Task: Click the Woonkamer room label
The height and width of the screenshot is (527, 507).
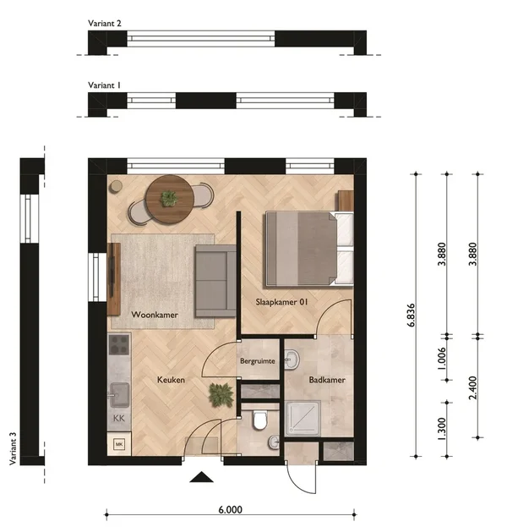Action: coord(155,315)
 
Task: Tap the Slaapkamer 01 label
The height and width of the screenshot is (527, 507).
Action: coord(281,302)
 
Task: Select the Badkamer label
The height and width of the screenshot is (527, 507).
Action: coord(327,380)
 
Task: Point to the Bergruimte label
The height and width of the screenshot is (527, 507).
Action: coord(258,361)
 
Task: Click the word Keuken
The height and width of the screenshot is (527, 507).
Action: coord(171,380)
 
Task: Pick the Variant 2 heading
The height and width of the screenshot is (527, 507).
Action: coord(105,23)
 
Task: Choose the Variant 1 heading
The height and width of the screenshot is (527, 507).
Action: coord(104,85)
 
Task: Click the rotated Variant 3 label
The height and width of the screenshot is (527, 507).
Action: coord(13,448)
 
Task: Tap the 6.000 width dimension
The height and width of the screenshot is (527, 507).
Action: coord(231,509)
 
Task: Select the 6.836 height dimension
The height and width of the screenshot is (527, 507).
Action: coord(411,315)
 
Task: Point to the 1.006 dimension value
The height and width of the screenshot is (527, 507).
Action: coord(442,359)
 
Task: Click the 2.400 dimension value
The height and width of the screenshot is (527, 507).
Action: coord(472,387)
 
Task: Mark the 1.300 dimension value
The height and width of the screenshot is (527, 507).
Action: coord(442,429)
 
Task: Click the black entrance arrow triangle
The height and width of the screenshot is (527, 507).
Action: coord(201,477)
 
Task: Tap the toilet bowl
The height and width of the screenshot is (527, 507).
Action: coord(260,420)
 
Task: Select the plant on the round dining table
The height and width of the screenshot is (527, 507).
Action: coord(169,198)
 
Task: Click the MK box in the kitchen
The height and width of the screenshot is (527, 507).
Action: coord(118,444)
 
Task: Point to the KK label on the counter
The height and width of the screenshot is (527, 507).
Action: coord(119,419)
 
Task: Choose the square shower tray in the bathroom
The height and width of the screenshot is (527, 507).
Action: coord(303,419)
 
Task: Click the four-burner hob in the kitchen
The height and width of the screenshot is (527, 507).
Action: coord(119,344)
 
